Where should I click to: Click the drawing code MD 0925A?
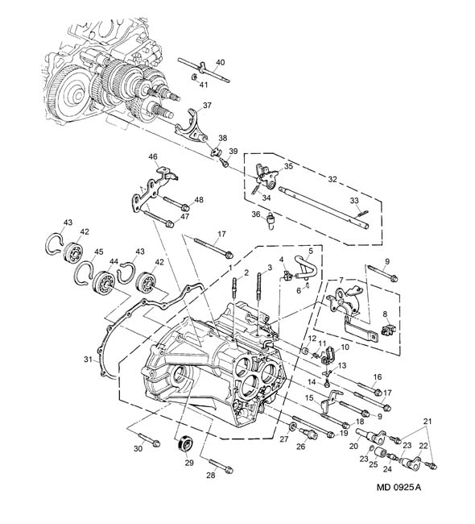pyautogui.click(x=399, y=487)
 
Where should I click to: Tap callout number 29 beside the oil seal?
pyautogui.click(x=189, y=463)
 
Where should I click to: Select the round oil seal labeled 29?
pyautogui.click(x=185, y=443)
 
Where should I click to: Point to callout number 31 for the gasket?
pyautogui.click(x=88, y=360)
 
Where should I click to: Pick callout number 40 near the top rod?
pyautogui.click(x=221, y=63)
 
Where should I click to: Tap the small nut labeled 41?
pyautogui.click(x=194, y=77)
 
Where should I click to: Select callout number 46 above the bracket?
pyautogui.click(x=153, y=156)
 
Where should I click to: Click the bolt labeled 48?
pyautogui.click(x=176, y=203)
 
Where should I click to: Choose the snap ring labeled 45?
pyautogui.click(x=84, y=272)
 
